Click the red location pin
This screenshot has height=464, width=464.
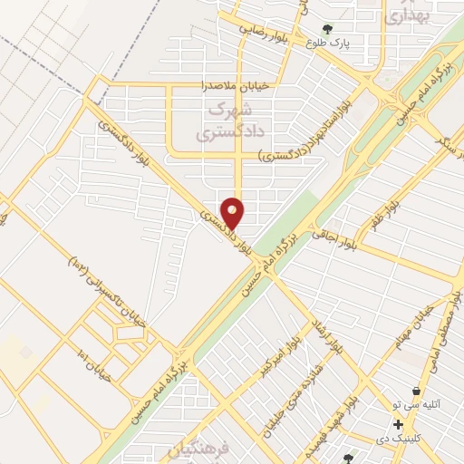(233, 212)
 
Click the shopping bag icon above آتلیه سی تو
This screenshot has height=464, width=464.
(416, 391)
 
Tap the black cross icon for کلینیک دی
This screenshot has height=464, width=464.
(398, 424)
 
